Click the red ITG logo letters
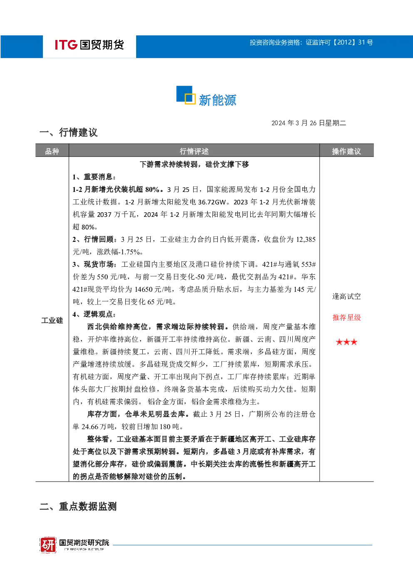click(x=66, y=45)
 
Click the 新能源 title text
click(x=217, y=100)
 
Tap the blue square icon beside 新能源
click(x=186, y=95)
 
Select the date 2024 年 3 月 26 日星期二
click(x=309, y=123)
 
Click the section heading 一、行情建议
click(x=69, y=132)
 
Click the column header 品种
click(x=52, y=151)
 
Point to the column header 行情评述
click(x=194, y=151)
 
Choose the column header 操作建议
click(x=346, y=151)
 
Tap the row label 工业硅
click(x=52, y=321)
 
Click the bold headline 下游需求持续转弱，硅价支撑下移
click(x=194, y=164)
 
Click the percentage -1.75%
click(x=129, y=252)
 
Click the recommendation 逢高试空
click(x=346, y=296)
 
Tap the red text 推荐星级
click(x=346, y=318)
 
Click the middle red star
click(x=346, y=342)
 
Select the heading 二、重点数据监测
click(x=78, y=506)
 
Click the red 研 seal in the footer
click(x=48, y=545)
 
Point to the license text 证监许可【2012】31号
click(x=339, y=42)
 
